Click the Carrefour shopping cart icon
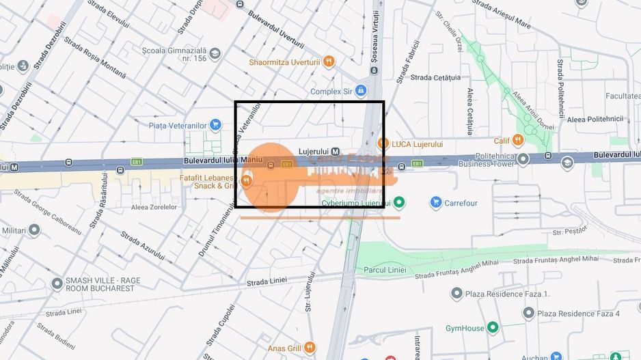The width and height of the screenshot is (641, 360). click(436, 202)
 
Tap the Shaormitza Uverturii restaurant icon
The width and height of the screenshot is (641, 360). click(329, 61)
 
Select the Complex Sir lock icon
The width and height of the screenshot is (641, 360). click(360, 91)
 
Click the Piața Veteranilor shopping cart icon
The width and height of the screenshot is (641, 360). click(215, 125)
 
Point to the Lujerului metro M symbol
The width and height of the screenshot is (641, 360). click(338, 151)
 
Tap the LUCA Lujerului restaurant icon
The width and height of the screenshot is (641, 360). click(383, 144)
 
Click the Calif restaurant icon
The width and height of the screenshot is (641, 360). click(518, 141)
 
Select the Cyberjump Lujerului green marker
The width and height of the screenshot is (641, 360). click(399, 202)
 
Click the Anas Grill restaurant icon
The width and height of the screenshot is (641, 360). click(310, 347)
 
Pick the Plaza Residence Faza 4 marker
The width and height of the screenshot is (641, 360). click(528, 314)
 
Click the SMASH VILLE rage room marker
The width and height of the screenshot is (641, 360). click(55, 283)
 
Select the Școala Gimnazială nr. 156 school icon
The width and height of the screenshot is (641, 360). click(215, 53)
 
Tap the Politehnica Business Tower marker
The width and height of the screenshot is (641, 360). click(523, 159)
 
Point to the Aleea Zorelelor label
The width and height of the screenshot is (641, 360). click(153, 207)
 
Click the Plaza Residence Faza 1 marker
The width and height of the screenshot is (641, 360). click(456, 294)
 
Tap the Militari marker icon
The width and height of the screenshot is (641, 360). click(34, 230)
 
